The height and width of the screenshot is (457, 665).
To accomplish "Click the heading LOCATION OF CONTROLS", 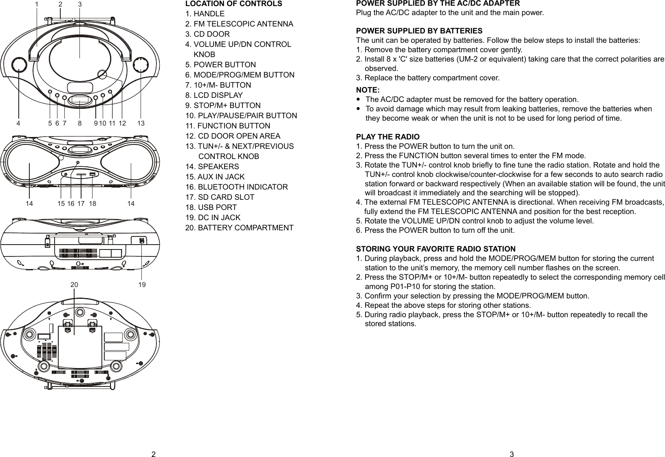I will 233,4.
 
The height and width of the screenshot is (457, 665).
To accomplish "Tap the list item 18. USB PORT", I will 211,208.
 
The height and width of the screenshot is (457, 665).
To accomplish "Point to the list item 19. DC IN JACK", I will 213,218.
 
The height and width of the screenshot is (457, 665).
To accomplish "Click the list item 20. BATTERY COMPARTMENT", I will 239,228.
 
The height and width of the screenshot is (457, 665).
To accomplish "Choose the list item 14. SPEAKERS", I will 212,167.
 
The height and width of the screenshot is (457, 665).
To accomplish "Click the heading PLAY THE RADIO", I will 388,137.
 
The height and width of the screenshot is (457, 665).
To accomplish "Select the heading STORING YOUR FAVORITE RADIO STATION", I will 436,249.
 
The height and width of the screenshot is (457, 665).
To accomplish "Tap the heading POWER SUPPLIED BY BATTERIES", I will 419,31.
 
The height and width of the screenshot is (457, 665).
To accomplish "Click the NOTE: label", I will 368,90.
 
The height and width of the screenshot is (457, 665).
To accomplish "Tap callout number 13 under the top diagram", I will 141,122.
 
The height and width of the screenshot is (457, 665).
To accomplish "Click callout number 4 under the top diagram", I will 18,122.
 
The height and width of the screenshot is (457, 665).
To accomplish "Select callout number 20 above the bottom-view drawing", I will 74,285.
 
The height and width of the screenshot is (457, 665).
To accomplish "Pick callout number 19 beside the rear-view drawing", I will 142,285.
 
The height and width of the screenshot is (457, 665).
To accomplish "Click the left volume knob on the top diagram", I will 19,65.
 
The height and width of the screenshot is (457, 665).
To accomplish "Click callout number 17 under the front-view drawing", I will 80,203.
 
